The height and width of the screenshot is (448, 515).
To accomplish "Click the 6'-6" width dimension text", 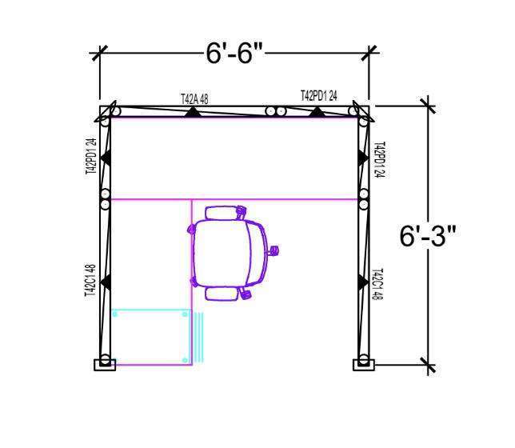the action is [234, 54].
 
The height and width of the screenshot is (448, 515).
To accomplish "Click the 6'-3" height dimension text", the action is [428, 236].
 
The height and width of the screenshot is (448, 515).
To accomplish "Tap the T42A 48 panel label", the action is [194, 99].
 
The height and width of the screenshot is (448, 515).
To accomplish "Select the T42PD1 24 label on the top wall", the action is [319, 95].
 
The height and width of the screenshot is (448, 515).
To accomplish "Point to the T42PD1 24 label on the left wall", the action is [91, 156].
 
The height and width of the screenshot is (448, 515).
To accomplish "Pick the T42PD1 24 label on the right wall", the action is [379, 160].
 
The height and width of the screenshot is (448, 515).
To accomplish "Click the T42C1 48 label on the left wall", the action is [90, 281].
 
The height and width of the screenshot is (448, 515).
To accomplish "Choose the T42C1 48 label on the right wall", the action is [377, 284].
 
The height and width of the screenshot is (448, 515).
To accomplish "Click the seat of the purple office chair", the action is [221, 254].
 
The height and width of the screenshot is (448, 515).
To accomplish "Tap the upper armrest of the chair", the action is [222, 213].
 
